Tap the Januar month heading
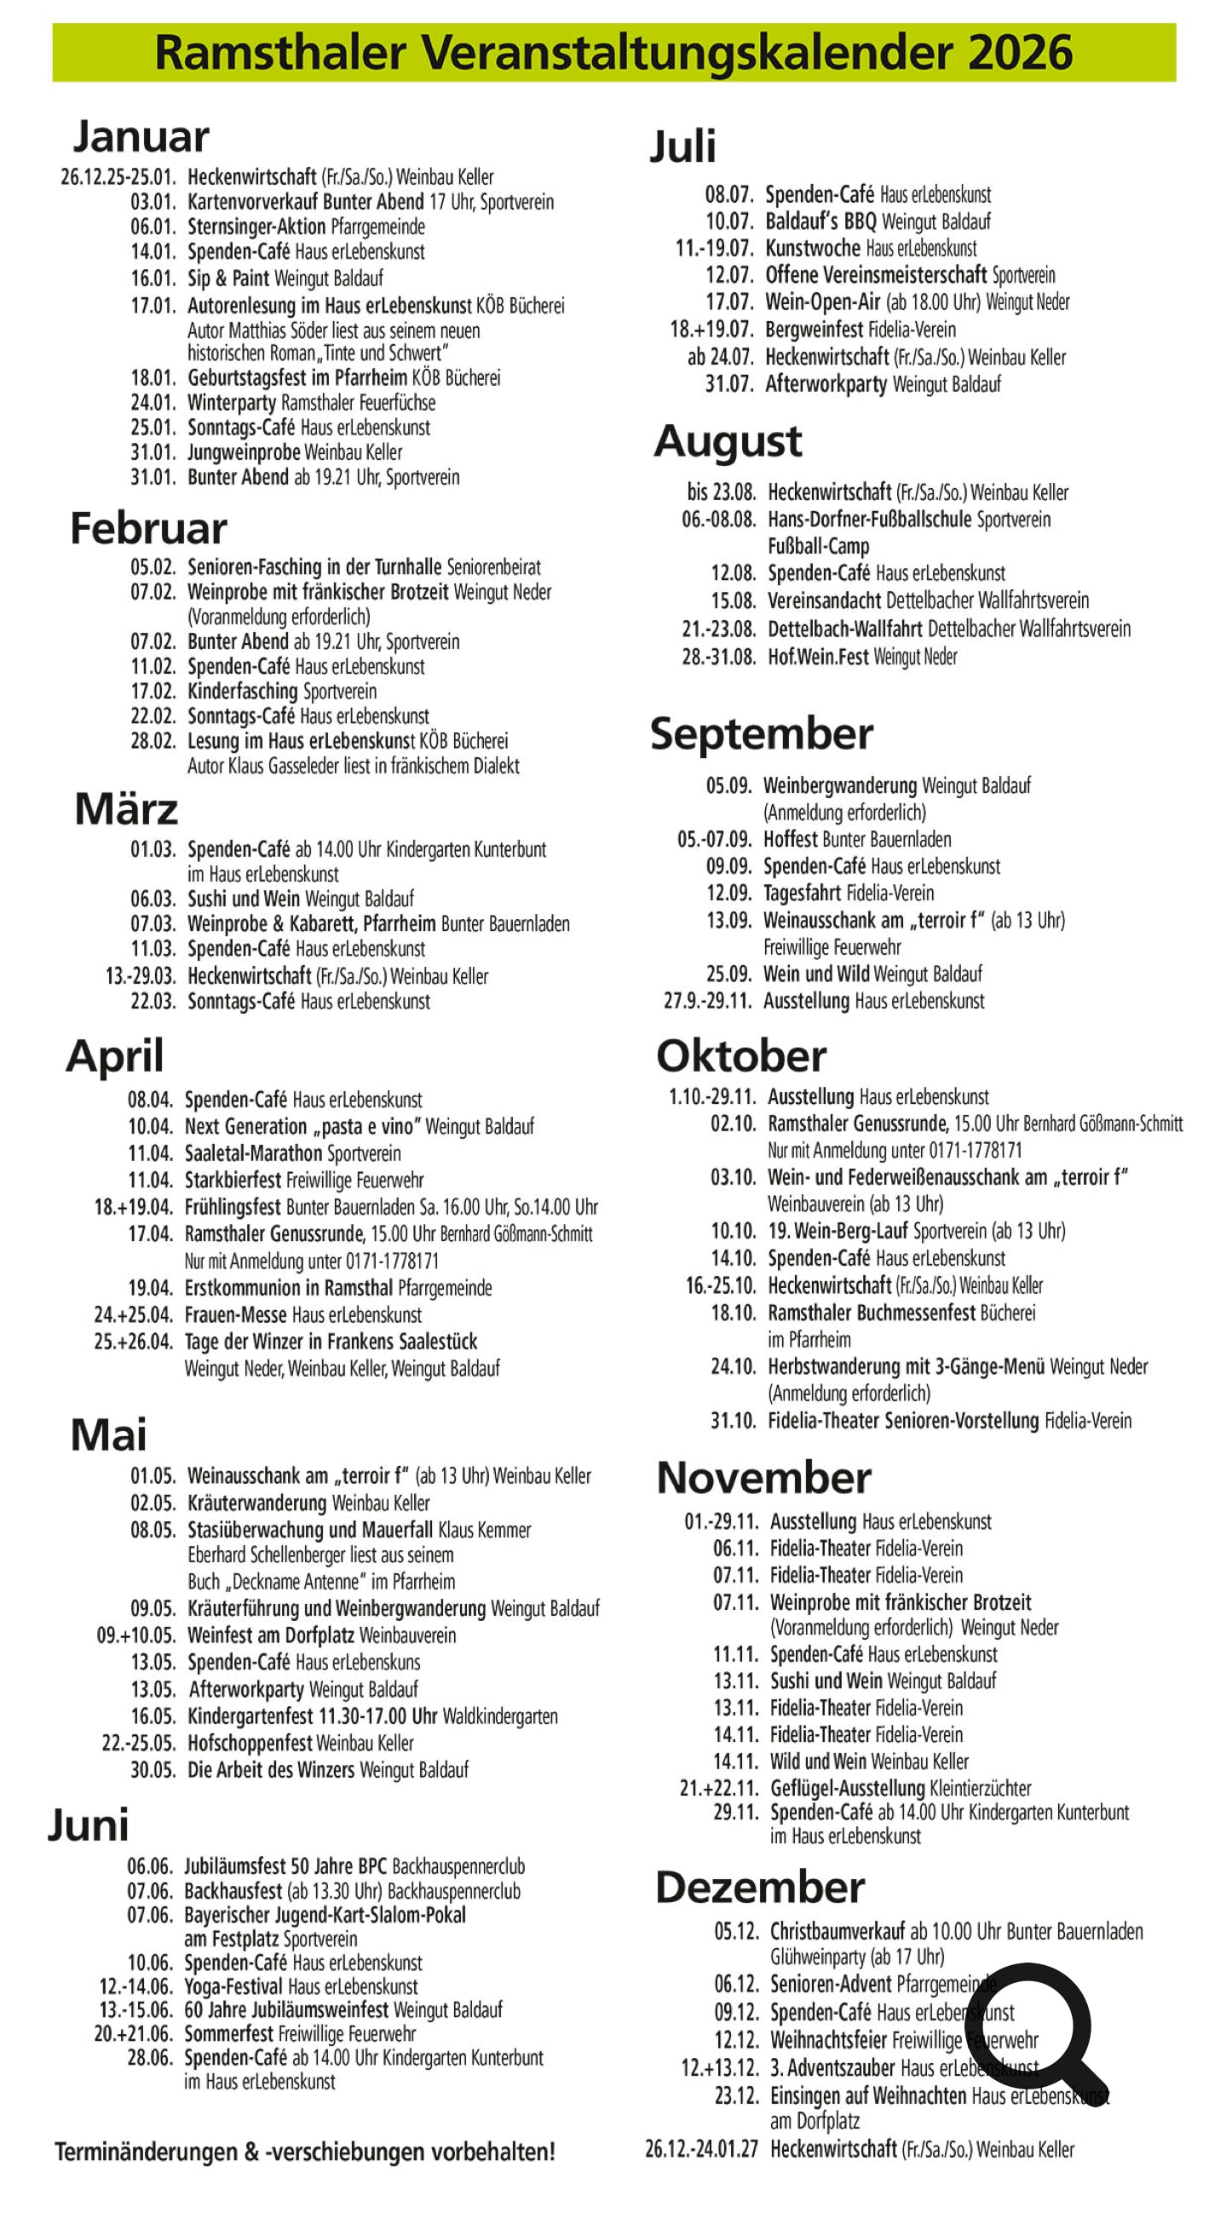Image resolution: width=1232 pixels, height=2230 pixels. coord(141,137)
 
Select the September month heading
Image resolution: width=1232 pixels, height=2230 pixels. coord(761,734)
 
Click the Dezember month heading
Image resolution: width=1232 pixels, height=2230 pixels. coord(759,1888)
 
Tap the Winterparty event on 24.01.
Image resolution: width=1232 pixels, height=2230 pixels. coord(232,403)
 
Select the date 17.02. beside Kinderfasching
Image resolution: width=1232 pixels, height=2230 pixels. coord(153,692)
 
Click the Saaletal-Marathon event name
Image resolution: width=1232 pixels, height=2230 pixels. coord(253,1153)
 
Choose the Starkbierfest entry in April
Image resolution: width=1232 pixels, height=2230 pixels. coord(233,1180)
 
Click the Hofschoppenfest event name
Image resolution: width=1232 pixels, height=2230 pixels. coord(250,1743)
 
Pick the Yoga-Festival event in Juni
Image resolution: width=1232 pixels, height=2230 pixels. coord(233,1986)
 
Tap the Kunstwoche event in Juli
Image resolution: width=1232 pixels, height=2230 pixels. coord(812,249)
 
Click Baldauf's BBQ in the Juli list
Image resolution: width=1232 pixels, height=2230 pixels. coord(820,221)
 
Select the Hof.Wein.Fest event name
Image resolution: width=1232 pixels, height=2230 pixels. coord(817,657)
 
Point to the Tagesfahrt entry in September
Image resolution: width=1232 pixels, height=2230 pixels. coord(802,894)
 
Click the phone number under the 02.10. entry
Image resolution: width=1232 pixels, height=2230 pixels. coord(975,1151)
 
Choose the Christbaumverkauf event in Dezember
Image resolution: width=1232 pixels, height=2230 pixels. coord(838,1931)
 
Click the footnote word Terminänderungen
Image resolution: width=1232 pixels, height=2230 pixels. coord(146,2152)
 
